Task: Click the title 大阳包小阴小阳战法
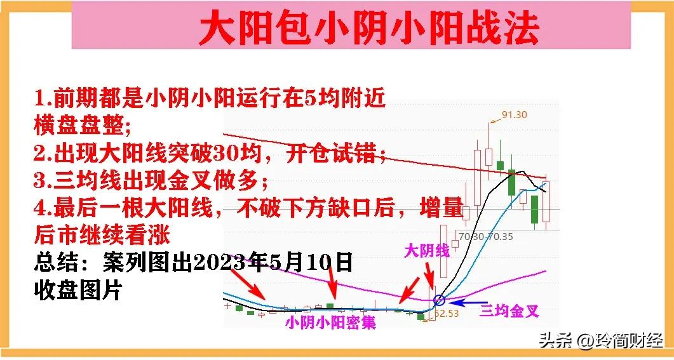click(x=369, y=28)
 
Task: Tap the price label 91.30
click(x=515, y=115)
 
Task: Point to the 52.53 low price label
click(x=448, y=313)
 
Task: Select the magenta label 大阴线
click(x=427, y=250)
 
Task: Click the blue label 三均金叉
click(x=509, y=310)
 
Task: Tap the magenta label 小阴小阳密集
click(x=330, y=323)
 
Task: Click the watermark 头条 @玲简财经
click(x=600, y=341)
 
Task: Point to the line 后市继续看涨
click(x=102, y=235)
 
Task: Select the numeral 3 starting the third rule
click(x=40, y=181)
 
